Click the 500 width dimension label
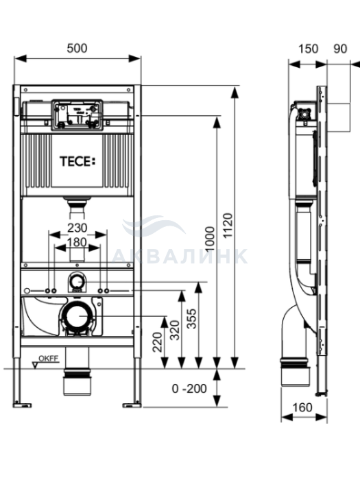[x=77, y=49]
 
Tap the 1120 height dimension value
[x=228, y=226]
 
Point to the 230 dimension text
[x=77, y=228]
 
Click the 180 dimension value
[x=77, y=242]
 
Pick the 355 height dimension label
[x=192, y=319]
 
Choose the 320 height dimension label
[x=175, y=330]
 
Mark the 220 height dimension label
[x=157, y=342]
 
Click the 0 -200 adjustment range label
[x=189, y=389]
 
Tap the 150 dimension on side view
[x=308, y=49]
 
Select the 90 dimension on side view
[x=340, y=49]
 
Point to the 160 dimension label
[x=302, y=407]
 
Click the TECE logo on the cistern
[x=77, y=161]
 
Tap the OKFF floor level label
[x=49, y=359]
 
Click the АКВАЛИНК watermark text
[x=180, y=256]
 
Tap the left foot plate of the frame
[x=22, y=405]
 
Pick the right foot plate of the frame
[x=132, y=405]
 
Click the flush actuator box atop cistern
[x=77, y=115]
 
